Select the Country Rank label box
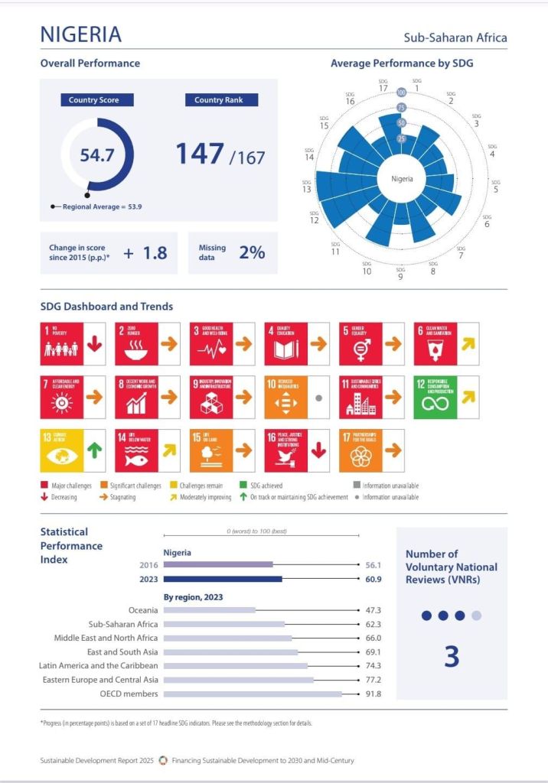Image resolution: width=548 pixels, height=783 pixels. point(221,100)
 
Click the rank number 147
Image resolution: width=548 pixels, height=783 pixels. point(201,154)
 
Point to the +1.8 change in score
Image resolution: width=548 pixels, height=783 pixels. point(145,253)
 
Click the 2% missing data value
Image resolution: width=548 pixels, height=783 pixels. point(252,252)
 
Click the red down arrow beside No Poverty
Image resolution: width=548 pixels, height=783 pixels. point(94,344)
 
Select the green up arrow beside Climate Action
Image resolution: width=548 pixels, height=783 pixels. point(94,451)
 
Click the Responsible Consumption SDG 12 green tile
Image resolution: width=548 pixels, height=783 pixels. point(435,398)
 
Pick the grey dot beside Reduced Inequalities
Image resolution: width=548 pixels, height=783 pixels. point(318,398)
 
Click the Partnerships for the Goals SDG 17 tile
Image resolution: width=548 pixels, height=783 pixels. point(360,451)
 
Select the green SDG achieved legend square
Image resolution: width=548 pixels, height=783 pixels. point(243,486)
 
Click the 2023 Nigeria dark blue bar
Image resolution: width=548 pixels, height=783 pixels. point(223,579)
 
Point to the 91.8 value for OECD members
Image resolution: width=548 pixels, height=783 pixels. point(373,694)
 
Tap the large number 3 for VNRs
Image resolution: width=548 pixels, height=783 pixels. point(452,657)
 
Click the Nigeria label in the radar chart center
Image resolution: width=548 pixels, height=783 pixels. point(402,179)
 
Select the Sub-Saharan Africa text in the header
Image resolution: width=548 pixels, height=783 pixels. point(455,37)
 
